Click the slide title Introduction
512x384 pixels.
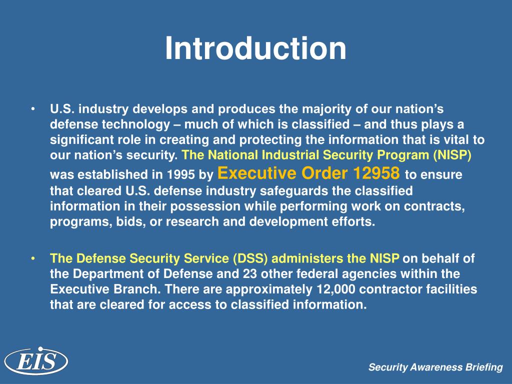pyautogui.click(x=255, y=48)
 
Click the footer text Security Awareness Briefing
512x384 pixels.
pyautogui.click(x=435, y=367)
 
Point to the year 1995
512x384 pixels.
pyautogui.click(x=178, y=175)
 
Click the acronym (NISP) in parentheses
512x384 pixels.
pyautogui.click(x=453, y=155)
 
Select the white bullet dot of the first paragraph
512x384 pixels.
pyautogui.click(x=32, y=109)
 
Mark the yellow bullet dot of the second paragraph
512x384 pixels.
pyautogui.click(x=32, y=258)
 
